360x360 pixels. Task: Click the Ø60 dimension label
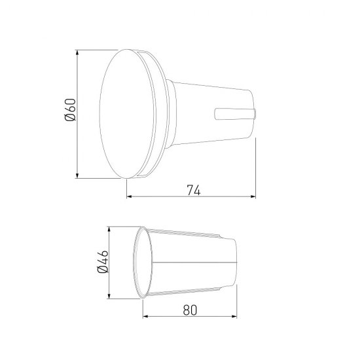click(x=70, y=110)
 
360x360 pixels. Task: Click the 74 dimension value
click(x=194, y=190)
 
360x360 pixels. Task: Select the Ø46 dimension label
click(x=103, y=262)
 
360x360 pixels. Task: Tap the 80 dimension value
click(x=190, y=310)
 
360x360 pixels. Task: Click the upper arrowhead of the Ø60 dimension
click(x=77, y=52)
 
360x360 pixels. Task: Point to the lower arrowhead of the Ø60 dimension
click(x=77, y=175)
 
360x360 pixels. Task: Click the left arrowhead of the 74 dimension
click(x=130, y=196)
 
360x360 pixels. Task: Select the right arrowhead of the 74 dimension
click(x=253, y=196)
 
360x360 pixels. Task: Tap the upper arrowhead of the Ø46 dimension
click(x=109, y=230)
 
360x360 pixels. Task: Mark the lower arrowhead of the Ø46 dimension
click(x=109, y=296)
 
